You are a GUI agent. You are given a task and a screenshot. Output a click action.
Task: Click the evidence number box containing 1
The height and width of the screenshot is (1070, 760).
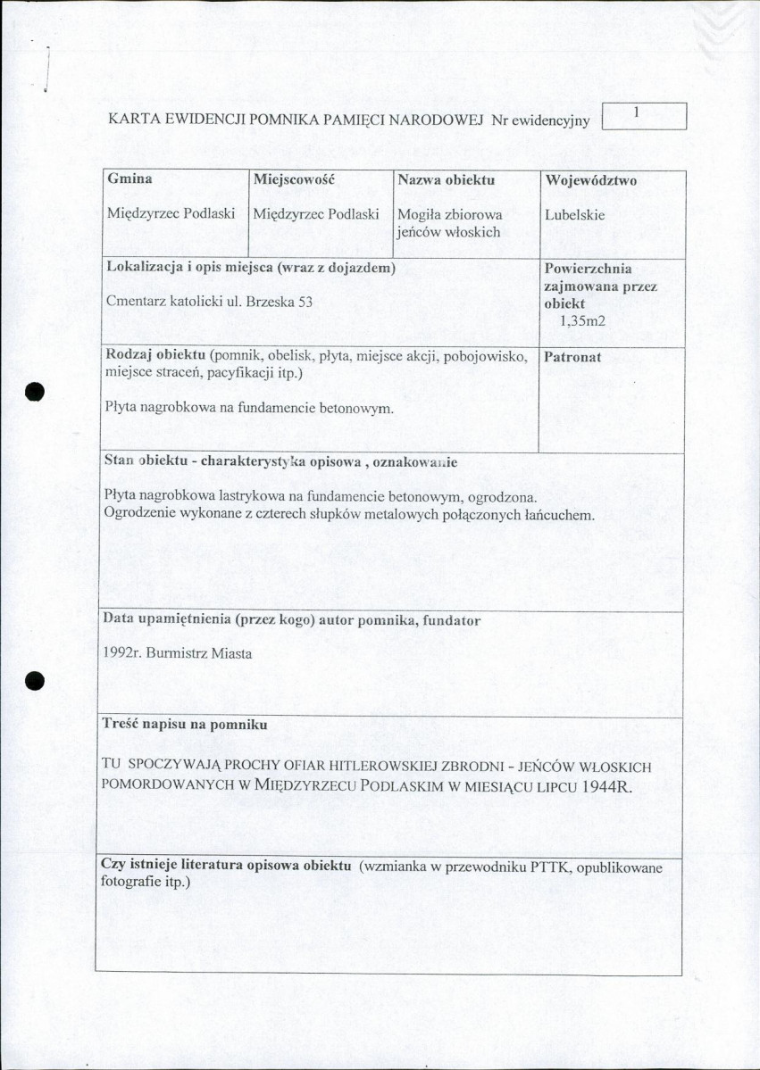tap(644, 116)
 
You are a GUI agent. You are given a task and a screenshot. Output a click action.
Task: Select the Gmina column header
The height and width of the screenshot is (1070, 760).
tap(129, 179)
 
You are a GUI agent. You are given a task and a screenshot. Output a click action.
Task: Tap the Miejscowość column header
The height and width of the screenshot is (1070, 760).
tap(293, 179)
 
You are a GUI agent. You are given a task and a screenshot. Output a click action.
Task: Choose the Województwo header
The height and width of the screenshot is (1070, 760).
tap(590, 180)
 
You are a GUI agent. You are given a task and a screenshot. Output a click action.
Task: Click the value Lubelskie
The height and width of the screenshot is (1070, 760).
tap(575, 215)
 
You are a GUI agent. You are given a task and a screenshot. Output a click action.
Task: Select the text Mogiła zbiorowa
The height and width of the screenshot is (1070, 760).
tap(450, 215)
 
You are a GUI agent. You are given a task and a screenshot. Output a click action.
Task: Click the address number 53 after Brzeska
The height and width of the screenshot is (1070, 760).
tap(305, 302)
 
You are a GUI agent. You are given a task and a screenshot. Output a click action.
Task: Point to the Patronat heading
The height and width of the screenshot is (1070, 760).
tap(572, 357)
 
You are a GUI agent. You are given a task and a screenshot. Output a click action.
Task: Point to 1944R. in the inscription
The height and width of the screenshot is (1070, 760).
tap(599, 790)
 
